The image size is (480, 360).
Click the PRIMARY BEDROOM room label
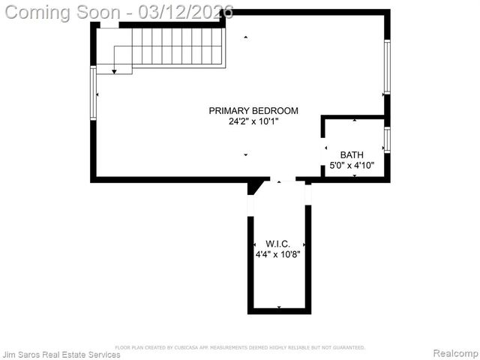(253, 111)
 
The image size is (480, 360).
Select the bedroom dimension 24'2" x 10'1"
(253, 121)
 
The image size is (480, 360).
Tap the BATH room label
(352, 154)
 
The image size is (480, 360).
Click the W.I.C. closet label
(277, 244)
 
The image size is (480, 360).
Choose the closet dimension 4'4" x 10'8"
(277, 254)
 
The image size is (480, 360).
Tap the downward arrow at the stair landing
(114, 70)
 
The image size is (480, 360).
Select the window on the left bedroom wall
(94, 93)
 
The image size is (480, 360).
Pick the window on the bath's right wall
(387, 140)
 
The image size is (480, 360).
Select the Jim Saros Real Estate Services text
(61, 354)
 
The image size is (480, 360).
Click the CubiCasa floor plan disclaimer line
(240, 347)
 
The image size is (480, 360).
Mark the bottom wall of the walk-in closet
(279, 310)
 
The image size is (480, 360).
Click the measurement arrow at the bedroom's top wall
(245, 37)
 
